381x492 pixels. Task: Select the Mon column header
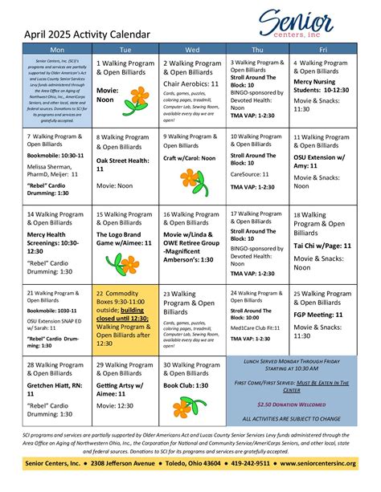point(46,50)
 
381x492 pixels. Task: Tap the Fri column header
point(322,50)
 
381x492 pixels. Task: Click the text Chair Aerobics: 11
point(192,83)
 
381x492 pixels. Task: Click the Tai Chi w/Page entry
point(322,244)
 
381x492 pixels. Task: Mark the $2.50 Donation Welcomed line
point(291,405)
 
